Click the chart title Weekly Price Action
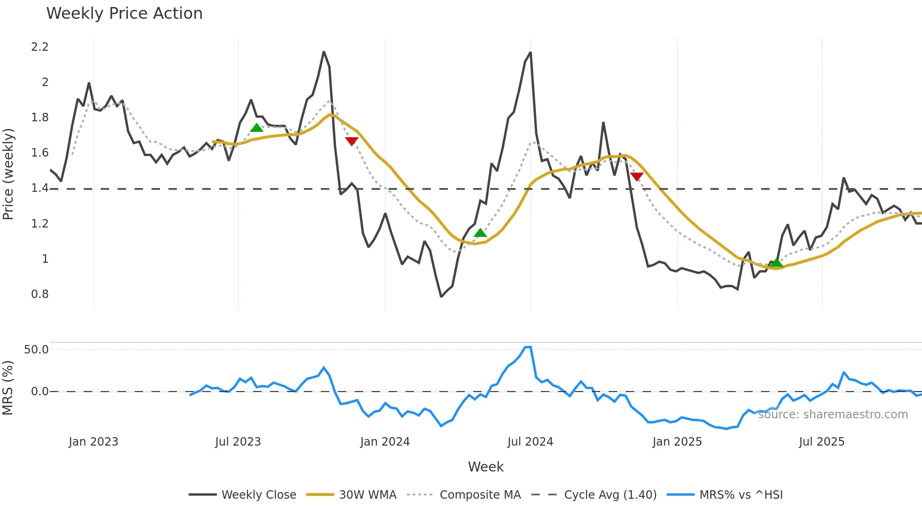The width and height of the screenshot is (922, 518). (124, 14)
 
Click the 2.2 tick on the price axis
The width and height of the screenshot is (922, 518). (40, 47)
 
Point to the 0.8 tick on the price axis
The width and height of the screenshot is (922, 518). (40, 294)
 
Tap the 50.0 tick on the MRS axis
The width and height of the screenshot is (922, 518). (36, 350)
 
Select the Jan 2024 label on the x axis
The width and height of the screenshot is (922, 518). (385, 442)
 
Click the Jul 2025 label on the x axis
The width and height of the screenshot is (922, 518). (821, 442)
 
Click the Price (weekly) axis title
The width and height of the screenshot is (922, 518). (8, 174)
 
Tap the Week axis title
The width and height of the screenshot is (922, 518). (485, 467)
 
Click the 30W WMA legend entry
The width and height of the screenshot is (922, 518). (367, 495)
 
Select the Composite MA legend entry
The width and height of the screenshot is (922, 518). (480, 495)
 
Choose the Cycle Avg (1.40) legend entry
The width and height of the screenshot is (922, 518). (610, 495)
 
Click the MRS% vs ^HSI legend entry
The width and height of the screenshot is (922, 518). (741, 495)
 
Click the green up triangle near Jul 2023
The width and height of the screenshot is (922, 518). (256, 128)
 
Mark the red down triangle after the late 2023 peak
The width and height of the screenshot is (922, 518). (351, 141)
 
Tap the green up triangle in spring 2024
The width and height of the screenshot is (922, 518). (480, 233)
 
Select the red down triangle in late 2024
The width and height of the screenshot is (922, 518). (636, 177)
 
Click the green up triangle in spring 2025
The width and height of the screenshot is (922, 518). (777, 262)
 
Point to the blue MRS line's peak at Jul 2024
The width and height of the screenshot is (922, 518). (529, 347)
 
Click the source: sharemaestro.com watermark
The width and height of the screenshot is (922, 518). (833, 415)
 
